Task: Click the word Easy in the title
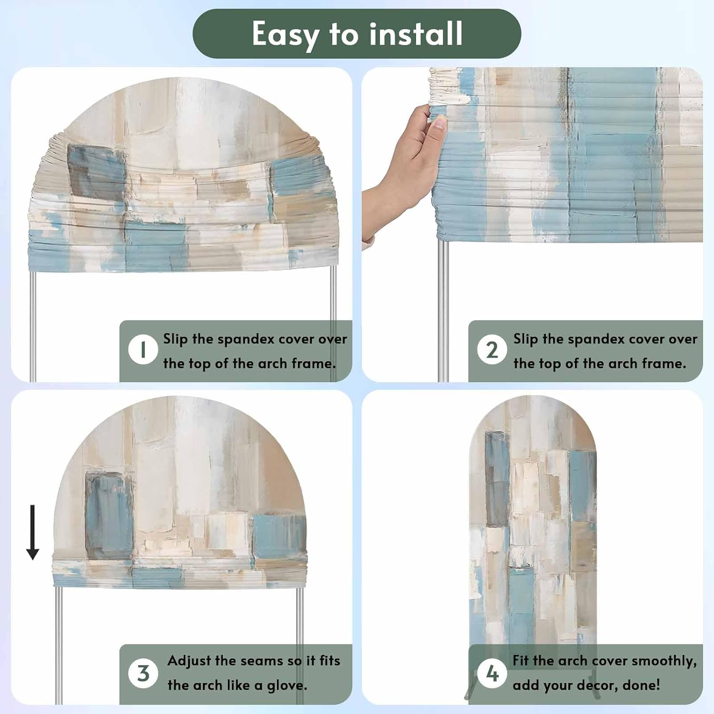click(286, 34)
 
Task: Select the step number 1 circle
click(143, 349)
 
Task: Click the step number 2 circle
click(492, 349)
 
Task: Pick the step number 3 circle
click(143, 673)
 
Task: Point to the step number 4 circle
click(492, 673)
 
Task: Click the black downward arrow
click(32, 532)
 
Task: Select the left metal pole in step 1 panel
click(33, 327)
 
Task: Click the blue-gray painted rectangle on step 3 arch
click(109, 516)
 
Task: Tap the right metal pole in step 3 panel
click(300, 645)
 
